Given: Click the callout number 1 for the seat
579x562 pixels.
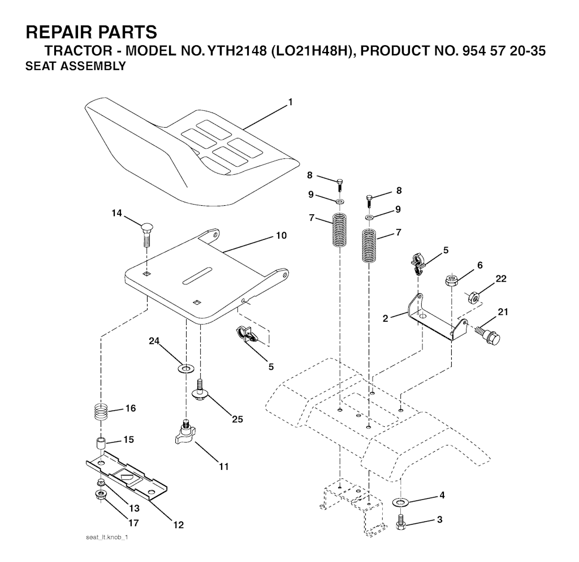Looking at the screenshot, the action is tap(291, 102).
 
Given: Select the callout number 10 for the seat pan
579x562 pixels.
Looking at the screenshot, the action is tap(282, 235).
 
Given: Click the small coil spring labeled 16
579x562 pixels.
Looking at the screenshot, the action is tap(100, 412).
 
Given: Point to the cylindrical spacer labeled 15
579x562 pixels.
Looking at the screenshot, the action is tap(101, 443).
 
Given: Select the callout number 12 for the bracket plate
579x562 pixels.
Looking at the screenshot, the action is tap(178, 525).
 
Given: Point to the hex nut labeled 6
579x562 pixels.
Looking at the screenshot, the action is tap(451, 280).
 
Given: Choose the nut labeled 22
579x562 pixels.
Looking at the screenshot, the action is tap(474, 297).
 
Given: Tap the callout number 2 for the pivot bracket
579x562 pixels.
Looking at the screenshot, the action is tap(386, 318).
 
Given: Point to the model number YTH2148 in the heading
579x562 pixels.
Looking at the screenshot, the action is tap(237, 51).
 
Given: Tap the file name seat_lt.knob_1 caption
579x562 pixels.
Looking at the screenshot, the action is tap(107, 537).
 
